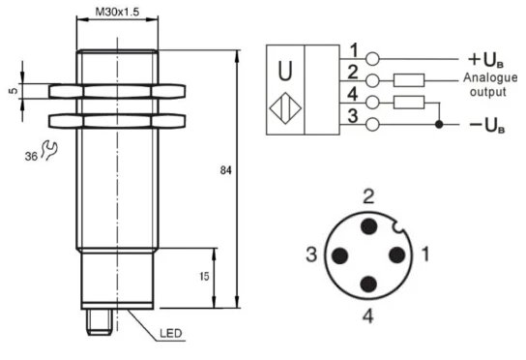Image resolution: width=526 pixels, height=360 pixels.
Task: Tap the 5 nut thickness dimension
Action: pyautogui.click(x=13, y=92)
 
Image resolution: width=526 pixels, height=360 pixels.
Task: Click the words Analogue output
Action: pyautogui.click(x=484, y=85)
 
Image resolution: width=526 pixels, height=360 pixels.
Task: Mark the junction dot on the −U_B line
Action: pyautogui.click(x=441, y=125)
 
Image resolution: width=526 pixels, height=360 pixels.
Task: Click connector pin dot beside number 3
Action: pyautogui.click(x=340, y=256)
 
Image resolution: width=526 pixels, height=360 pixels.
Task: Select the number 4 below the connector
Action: pyautogui.click(x=369, y=316)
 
